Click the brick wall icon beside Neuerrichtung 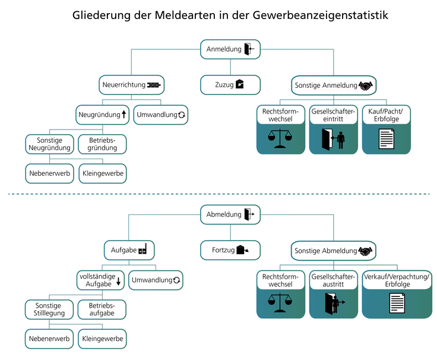coord(154,85)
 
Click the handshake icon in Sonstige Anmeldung coord(366,86)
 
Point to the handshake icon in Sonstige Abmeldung coord(366,251)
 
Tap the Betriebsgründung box coord(103,143)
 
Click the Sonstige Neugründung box coord(49,143)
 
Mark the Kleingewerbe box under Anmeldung coord(103,173)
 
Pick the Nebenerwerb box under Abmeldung coord(49,339)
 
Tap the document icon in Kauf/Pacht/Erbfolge coord(386,140)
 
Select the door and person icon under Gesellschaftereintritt coord(333,140)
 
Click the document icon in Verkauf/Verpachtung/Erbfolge coord(397,304)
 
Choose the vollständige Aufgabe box coord(101,280)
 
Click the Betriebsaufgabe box coord(103,309)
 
